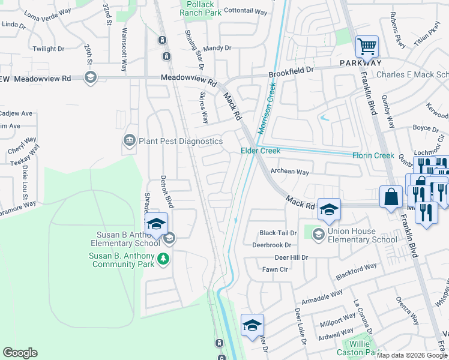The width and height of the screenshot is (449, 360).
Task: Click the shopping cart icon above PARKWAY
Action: pos(367,46)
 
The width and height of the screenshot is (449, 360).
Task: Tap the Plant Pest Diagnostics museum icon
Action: pos(129,141)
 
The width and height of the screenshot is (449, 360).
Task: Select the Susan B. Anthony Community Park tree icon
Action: pos(163,259)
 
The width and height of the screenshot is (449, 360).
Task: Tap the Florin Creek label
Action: pos(373,155)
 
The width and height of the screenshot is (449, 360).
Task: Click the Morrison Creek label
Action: pos(269,108)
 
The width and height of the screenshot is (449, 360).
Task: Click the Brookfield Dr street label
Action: pos(291,71)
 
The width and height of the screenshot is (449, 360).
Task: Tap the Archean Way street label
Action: pos(289,172)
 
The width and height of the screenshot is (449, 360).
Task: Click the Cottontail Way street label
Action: pos(244,11)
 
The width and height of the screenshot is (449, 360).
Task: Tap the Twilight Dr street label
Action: pos(49,49)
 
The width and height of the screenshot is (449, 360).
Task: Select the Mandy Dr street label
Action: pos(217,48)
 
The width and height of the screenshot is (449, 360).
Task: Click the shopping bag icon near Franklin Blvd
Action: pos(391,197)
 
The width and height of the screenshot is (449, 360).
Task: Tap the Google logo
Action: pos(20,353)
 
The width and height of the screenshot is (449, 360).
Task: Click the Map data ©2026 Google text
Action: pos(412,355)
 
